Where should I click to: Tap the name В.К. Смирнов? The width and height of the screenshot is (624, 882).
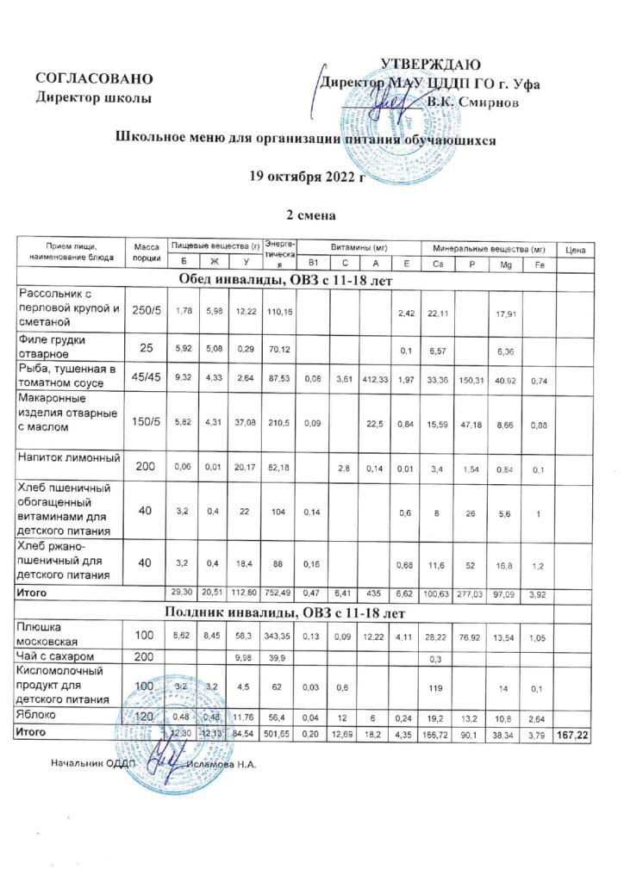coord(473,102)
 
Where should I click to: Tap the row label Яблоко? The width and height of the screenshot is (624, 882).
coord(40,714)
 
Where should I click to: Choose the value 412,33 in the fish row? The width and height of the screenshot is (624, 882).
coord(370,376)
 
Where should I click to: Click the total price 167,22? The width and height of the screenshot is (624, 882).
coord(571,731)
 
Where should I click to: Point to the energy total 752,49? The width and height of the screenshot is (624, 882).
coord(279,594)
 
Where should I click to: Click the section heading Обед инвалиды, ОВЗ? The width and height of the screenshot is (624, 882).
coord(286,279)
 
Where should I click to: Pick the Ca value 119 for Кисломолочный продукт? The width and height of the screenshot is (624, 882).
coord(438,686)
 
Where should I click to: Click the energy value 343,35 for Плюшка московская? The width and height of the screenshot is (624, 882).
coord(279,637)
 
